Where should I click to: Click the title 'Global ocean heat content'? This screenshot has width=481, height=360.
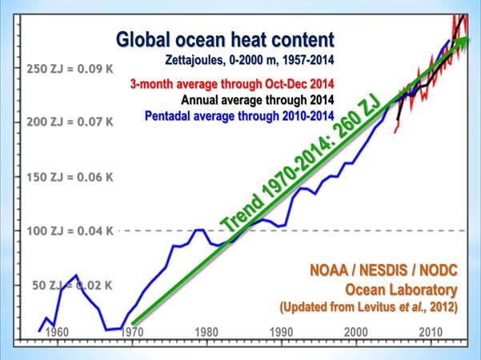click(225, 40)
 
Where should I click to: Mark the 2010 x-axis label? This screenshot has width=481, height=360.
click(427, 332)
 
